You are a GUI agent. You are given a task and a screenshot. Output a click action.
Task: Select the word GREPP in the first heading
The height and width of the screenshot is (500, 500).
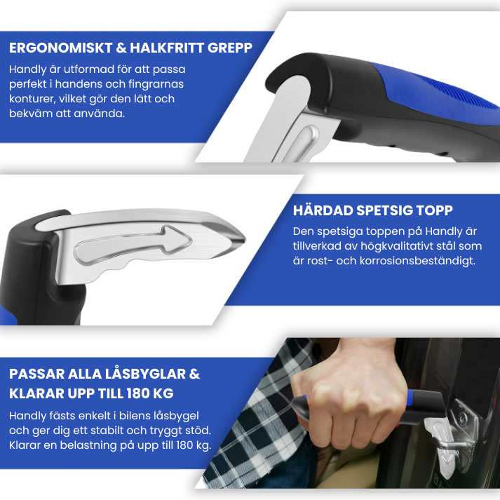229,48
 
